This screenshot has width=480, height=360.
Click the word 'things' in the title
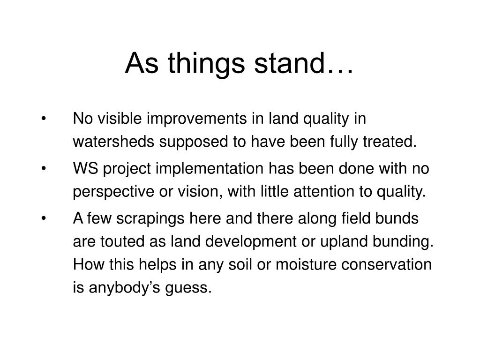(206, 64)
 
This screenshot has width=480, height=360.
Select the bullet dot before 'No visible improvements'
(44, 119)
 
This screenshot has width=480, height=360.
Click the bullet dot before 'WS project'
(44, 168)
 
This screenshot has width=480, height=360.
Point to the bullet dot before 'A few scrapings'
(44, 218)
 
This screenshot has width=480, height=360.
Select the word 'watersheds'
(113, 142)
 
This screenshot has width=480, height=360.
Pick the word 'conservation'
(386, 264)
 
